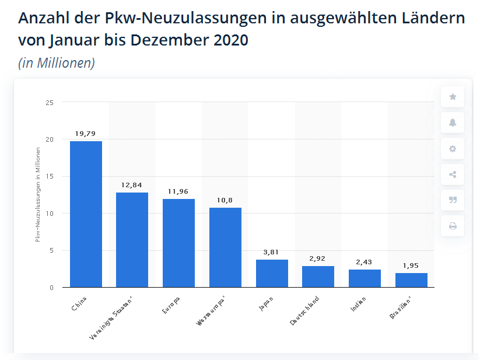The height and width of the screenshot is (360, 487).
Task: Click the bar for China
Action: click(x=86, y=214)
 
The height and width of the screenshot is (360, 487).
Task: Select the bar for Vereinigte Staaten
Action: click(x=132, y=239)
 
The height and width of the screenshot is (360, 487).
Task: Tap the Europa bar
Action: click(x=178, y=243)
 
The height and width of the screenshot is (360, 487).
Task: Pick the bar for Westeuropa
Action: click(x=225, y=247)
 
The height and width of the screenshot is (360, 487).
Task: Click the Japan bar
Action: click(x=272, y=273)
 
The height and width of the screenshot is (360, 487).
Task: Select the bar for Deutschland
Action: click(x=318, y=277)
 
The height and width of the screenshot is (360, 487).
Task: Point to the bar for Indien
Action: click(x=365, y=278)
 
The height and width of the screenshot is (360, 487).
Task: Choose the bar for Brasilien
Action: click(x=411, y=280)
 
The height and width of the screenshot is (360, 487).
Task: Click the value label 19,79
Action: click(x=86, y=134)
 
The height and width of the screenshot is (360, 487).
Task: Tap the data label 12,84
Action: click(x=132, y=185)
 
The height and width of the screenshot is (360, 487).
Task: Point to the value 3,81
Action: click(x=272, y=252)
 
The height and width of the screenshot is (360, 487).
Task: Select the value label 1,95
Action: click(x=411, y=265)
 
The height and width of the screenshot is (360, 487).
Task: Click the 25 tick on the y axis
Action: click(x=50, y=103)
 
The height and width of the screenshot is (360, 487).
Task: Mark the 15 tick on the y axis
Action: click(x=50, y=177)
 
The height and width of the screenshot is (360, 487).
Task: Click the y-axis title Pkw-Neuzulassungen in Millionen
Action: click(x=37, y=195)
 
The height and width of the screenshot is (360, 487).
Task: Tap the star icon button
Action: click(x=453, y=97)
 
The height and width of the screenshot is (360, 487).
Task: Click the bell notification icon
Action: click(x=453, y=123)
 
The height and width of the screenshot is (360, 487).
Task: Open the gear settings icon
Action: click(x=453, y=149)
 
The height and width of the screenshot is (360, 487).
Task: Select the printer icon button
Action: click(x=453, y=226)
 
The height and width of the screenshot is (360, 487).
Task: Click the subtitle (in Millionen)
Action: click(x=57, y=63)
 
